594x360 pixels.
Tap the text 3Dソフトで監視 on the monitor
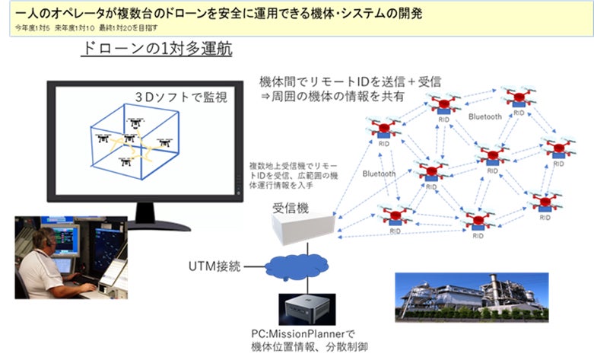tap(183, 97)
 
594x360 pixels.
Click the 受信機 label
tap(290, 209)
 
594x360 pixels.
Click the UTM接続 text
tap(214, 267)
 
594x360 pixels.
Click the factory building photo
tap(469, 292)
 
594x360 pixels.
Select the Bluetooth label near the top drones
tap(484, 116)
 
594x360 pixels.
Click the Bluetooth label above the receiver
tap(379, 174)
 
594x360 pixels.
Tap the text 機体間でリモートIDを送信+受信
tap(351, 80)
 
